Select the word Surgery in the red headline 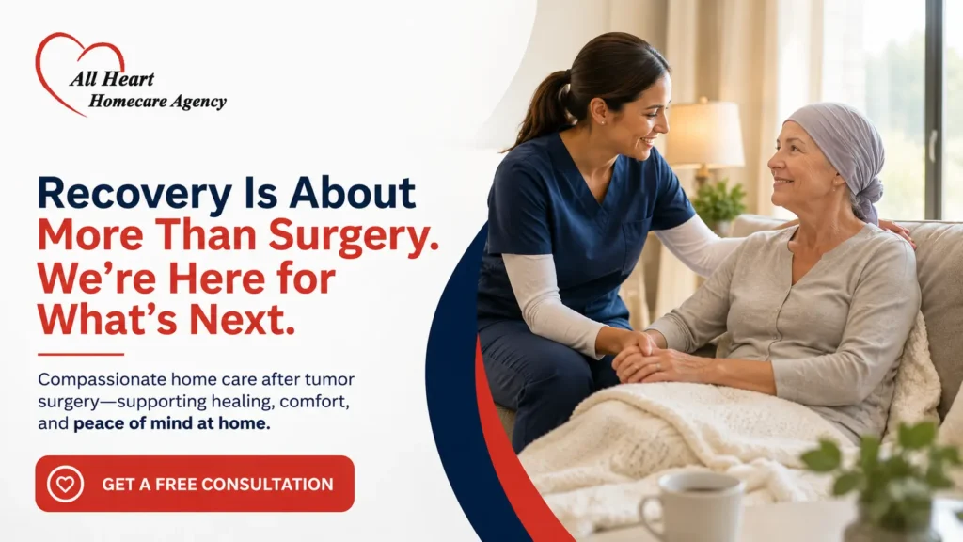pos(354,236)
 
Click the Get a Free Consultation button pos(195,484)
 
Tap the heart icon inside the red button pos(65,485)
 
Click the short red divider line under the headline pos(81,354)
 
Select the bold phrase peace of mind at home pos(171,423)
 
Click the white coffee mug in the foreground pos(692,507)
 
